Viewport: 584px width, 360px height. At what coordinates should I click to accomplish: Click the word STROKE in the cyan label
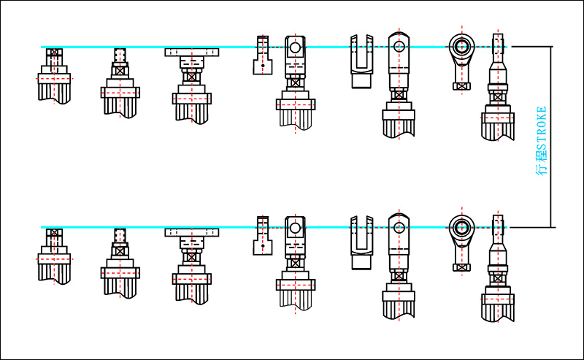(x=541, y=131)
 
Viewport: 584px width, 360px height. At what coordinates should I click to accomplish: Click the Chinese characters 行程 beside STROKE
(x=541, y=165)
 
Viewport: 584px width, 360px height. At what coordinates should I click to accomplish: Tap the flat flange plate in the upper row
(x=192, y=52)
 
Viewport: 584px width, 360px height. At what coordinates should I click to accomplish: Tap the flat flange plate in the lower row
(x=192, y=232)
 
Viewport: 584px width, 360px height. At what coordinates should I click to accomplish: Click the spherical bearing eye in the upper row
(x=461, y=47)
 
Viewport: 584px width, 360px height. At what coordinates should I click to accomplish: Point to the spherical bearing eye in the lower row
(x=461, y=228)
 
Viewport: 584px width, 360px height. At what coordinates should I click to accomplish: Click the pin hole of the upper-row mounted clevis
(x=294, y=48)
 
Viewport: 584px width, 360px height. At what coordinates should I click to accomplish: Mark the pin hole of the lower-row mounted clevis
(x=294, y=229)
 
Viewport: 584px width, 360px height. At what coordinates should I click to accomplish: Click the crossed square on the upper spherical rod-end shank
(x=461, y=85)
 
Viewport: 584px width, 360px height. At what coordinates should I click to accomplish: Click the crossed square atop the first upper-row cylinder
(x=54, y=53)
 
